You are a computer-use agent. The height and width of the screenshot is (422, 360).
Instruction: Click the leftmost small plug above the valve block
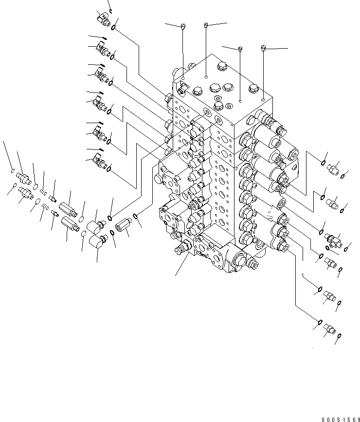click(x=182, y=26)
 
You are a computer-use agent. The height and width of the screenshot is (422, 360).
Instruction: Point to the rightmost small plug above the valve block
click(x=263, y=48)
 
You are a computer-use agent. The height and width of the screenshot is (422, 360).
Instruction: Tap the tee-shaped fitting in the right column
click(x=334, y=239)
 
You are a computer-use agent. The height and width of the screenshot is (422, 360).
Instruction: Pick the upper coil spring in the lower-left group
click(x=43, y=190)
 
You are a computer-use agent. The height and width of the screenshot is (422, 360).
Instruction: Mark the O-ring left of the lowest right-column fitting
click(x=319, y=322)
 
